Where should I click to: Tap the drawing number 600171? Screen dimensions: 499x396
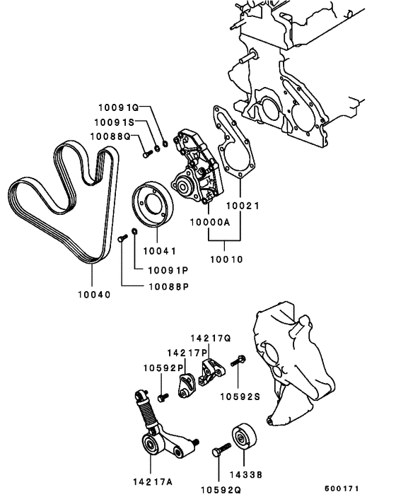click(342, 489)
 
